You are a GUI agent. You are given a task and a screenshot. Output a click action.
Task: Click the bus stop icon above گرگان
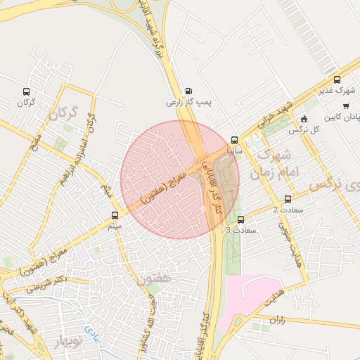coord(27,91)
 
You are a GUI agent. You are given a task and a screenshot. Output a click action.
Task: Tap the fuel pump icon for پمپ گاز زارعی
coord(188,91)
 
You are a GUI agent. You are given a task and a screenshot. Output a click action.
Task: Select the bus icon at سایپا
coord(235,140)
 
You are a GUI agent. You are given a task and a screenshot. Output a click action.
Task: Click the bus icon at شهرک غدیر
coord(337,79)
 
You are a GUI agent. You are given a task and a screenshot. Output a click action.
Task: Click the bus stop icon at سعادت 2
coord(288,199)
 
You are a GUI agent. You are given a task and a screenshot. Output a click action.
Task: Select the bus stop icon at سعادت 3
coord(240,219)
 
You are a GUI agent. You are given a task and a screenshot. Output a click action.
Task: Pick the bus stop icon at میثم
coord(115,215)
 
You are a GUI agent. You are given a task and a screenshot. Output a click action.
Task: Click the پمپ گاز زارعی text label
coord(188,103)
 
